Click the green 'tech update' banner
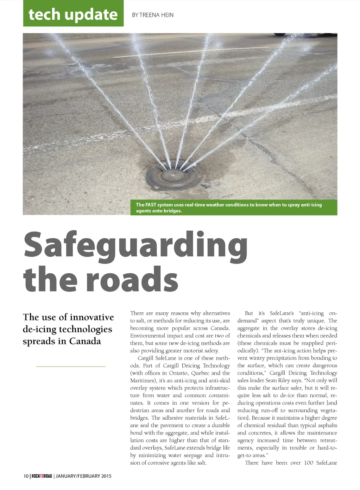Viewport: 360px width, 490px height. (73, 14)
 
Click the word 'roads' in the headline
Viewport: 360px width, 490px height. (132, 279)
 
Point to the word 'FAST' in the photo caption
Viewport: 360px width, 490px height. (151, 205)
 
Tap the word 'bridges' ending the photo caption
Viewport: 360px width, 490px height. (172, 211)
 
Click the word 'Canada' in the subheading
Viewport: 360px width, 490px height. (85, 341)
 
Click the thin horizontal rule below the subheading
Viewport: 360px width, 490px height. (70, 367)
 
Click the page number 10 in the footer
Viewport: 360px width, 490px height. (26, 476)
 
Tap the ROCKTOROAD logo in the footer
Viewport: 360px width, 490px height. (42, 476)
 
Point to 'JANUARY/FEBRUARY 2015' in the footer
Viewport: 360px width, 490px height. (83, 476)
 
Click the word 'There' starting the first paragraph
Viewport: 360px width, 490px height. (137, 313)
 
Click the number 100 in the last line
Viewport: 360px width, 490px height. (308, 463)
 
